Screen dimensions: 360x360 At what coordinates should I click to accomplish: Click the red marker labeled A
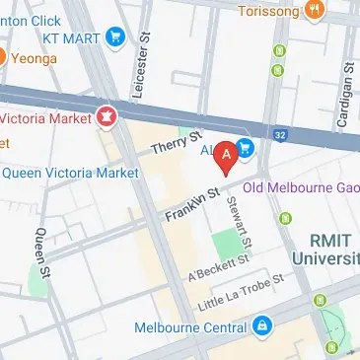(x=226, y=156)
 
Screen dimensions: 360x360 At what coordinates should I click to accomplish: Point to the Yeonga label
(x=36, y=58)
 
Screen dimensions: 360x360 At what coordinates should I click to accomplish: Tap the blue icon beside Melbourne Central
(x=261, y=324)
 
